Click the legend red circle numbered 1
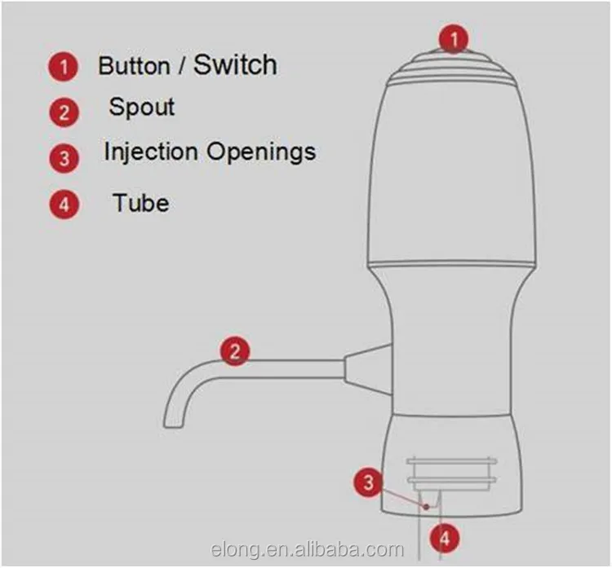point(63,68)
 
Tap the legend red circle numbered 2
point(64,112)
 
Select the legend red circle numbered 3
point(64,156)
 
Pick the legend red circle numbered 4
point(64,204)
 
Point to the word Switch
point(235,66)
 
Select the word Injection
point(150,152)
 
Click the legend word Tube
point(140,202)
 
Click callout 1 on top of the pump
point(455,38)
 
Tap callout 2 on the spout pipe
point(235,352)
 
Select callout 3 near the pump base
point(368,482)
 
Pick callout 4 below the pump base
point(445,537)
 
